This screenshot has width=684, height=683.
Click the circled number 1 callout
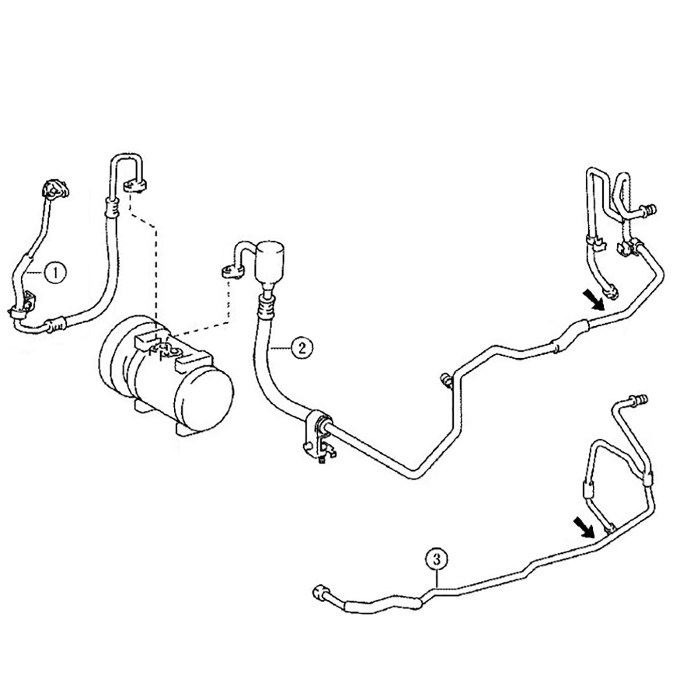point(55,272)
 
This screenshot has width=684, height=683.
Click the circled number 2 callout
point(302,347)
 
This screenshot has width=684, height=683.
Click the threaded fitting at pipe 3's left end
point(321,595)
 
